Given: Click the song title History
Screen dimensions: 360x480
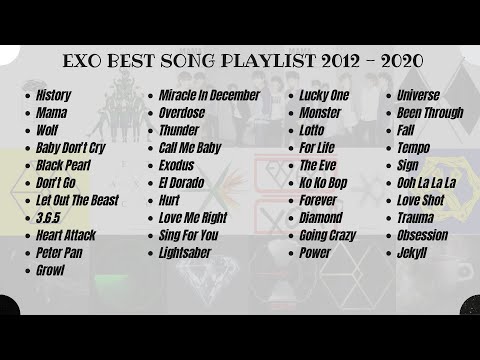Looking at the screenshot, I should tap(53, 96).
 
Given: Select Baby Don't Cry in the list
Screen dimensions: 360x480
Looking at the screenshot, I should tap(69, 148).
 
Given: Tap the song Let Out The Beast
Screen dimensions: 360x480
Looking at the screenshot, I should tap(76, 200).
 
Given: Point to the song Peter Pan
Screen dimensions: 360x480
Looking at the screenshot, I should tap(59, 253).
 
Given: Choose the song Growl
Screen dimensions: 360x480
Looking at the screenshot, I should tap(50, 270).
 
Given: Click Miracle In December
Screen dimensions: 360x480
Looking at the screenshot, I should tap(209, 96).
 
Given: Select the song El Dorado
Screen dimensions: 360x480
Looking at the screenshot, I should tap(182, 183).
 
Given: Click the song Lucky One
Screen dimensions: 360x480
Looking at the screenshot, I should tap(324, 96).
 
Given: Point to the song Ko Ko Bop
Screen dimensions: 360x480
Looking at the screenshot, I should tap(323, 183).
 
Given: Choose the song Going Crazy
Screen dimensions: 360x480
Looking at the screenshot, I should tap(327, 235).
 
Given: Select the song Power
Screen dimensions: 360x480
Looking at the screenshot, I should tap(314, 253).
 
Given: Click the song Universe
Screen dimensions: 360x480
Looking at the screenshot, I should tap(418, 96).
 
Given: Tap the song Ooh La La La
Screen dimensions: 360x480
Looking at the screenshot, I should tap(426, 183).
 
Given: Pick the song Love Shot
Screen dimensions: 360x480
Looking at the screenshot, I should tap(422, 200).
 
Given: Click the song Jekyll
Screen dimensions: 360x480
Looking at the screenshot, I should tap(412, 253).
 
